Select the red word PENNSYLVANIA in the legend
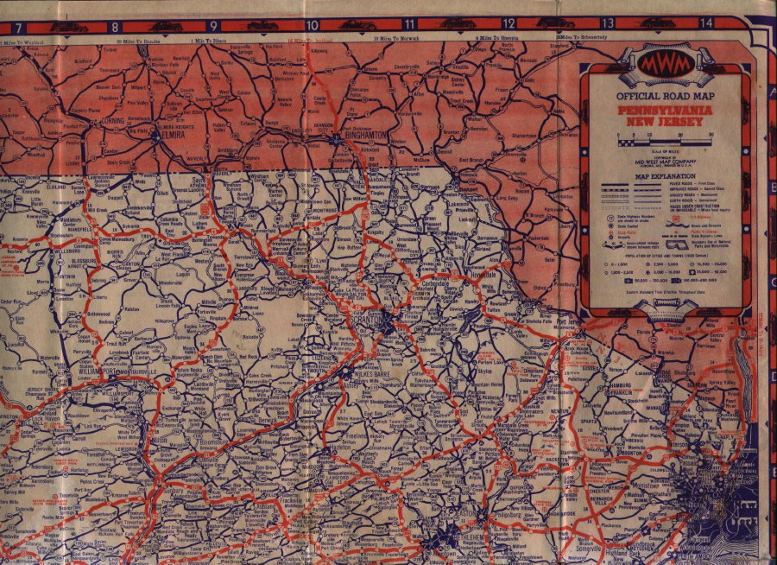pyautogui.click(x=663, y=111)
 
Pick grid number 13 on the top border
pyautogui.click(x=608, y=23)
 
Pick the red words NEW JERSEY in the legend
pyautogui.click(x=663, y=123)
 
